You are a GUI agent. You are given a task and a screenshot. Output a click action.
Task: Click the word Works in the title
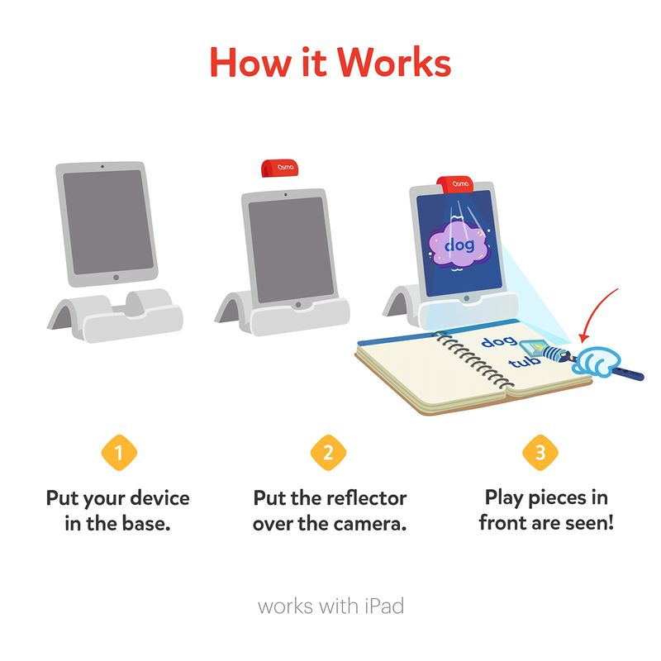coord(394,63)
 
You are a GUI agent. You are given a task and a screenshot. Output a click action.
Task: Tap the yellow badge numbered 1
coord(119,452)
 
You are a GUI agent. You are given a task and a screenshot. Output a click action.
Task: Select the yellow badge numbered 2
coord(328,452)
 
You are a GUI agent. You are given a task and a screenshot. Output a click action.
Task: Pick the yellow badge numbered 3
coord(540,452)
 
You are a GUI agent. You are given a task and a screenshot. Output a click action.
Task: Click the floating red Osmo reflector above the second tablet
coord(280,169)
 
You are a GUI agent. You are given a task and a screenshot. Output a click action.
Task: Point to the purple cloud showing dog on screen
coord(459,245)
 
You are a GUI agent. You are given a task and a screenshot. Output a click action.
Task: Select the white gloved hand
coord(596,360)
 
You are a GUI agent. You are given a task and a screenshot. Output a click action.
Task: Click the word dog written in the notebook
coord(499,340)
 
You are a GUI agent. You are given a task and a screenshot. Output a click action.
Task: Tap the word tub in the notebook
coord(524,361)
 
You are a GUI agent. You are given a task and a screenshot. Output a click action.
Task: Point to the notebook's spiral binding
coord(473,359)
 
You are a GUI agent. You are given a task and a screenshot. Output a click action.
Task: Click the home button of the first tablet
coord(116,277)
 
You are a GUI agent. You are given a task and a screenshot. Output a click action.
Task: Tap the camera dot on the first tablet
coord(102,167)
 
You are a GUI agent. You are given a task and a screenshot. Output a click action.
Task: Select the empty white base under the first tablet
coord(115,315)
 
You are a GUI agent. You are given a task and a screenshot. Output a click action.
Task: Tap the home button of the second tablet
coord(298,304)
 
